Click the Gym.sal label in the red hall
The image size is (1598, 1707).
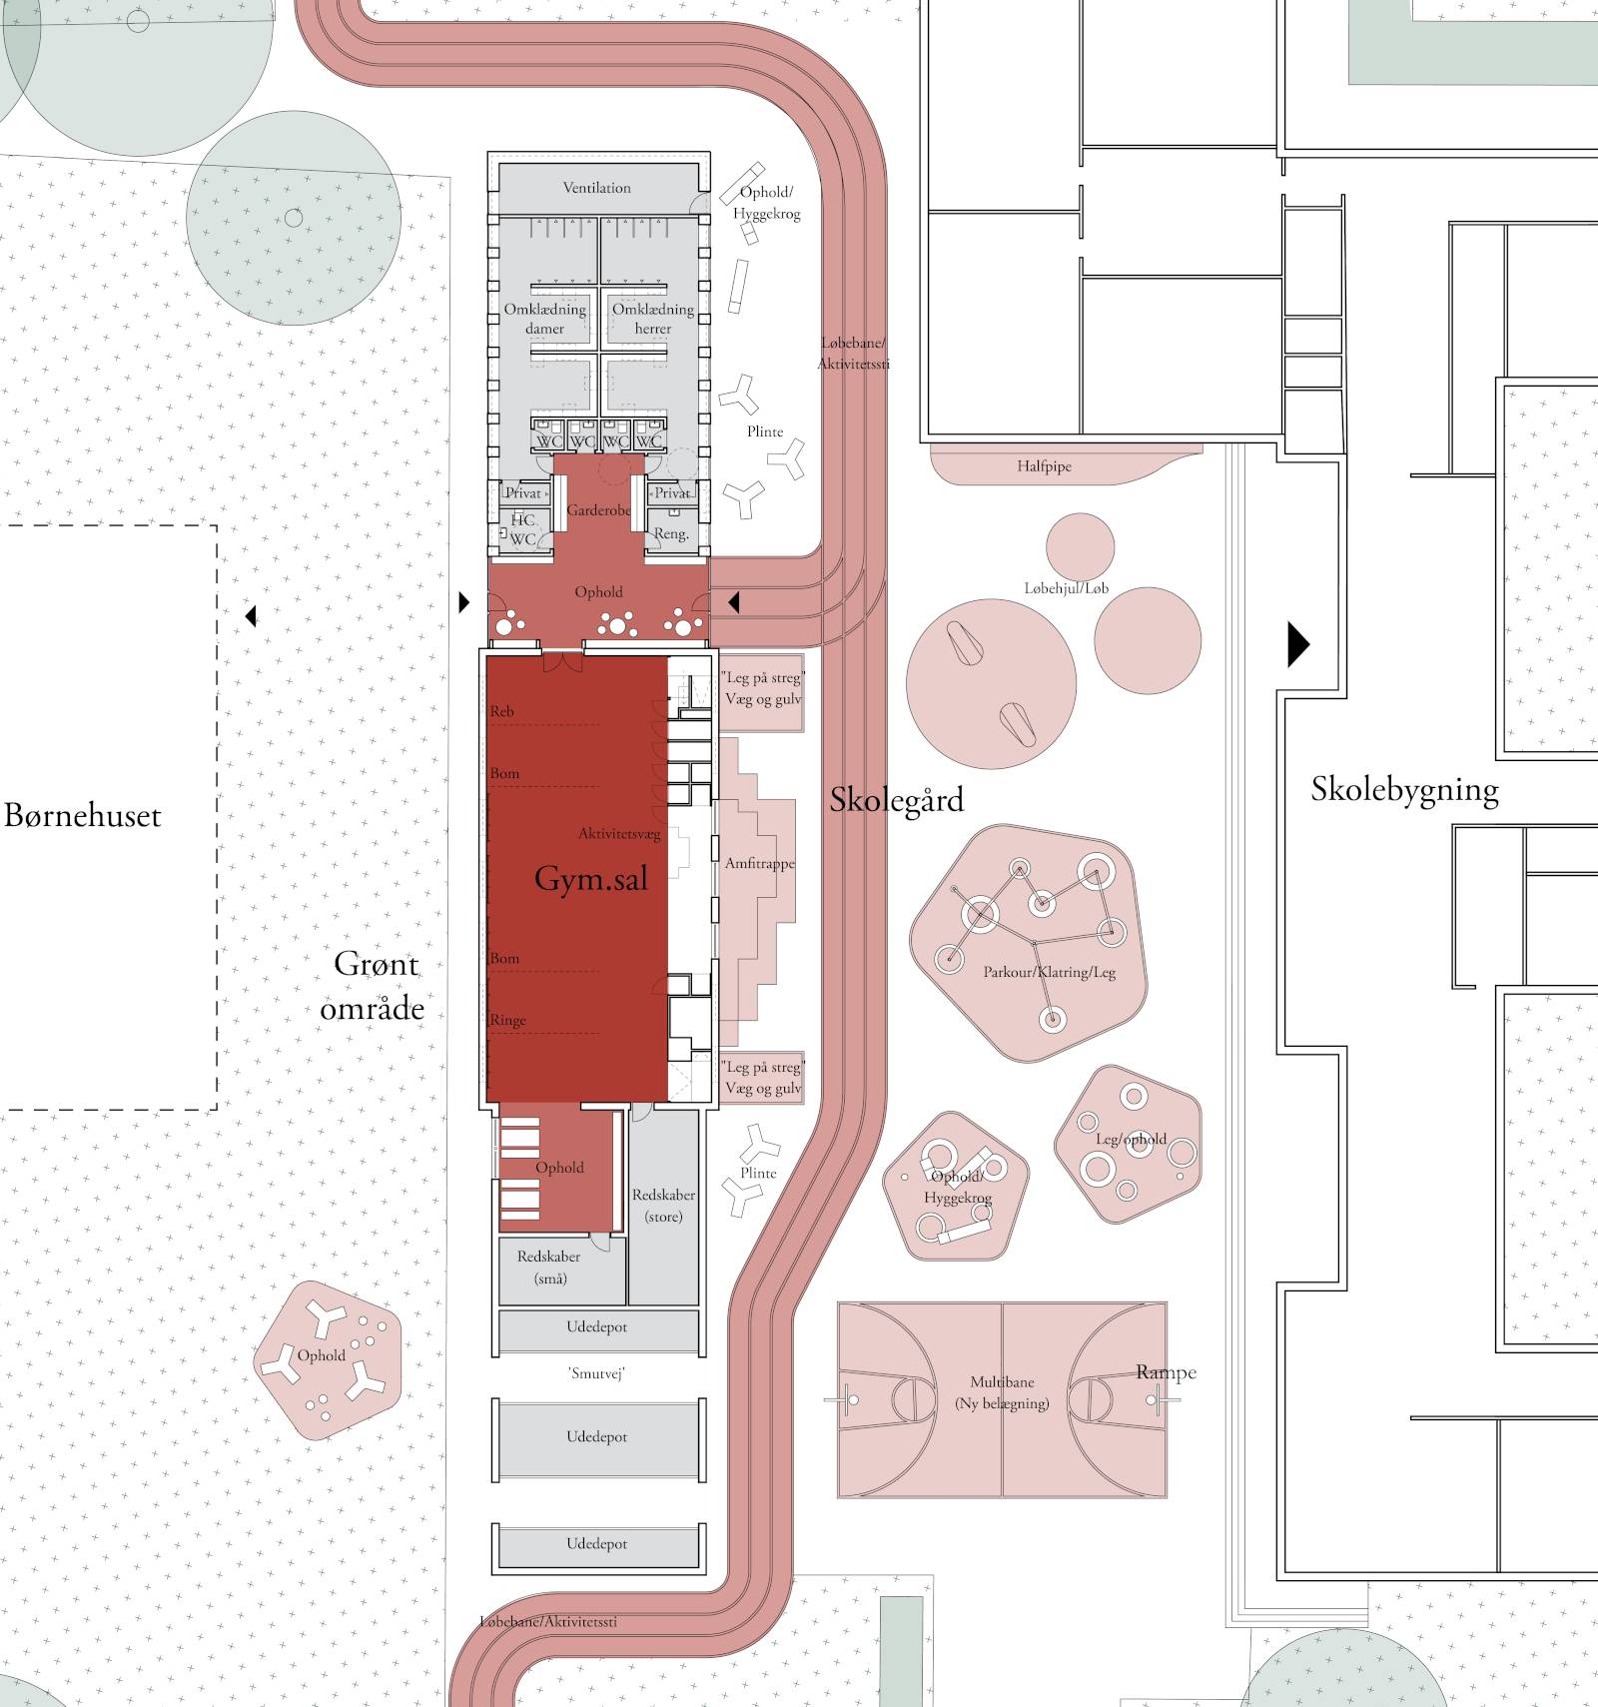(591, 879)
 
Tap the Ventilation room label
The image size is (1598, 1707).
(596, 188)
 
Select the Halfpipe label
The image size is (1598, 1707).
(1044, 466)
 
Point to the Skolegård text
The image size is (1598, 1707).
(897, 800)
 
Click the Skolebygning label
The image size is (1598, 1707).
(1404, 790)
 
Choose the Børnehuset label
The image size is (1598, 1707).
(82, 816)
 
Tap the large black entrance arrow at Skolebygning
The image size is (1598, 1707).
(1297, 644)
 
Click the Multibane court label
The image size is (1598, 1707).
(1002, 1392)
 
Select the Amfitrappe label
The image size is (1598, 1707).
(760, 863)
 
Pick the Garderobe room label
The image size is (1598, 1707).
(598, 510)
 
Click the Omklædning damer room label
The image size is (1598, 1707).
(544, 319)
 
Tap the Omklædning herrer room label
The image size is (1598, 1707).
(652, 319)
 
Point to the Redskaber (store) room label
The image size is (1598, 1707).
(663, 1206)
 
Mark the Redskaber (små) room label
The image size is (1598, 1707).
(548, 1268)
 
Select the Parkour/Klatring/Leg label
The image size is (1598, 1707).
(1049, 972)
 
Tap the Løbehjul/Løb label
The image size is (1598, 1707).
(1066, 588)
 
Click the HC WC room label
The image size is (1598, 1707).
(522, 529)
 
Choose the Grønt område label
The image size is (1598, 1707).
(373, 986)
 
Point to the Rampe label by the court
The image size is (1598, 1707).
(1166, 1372)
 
